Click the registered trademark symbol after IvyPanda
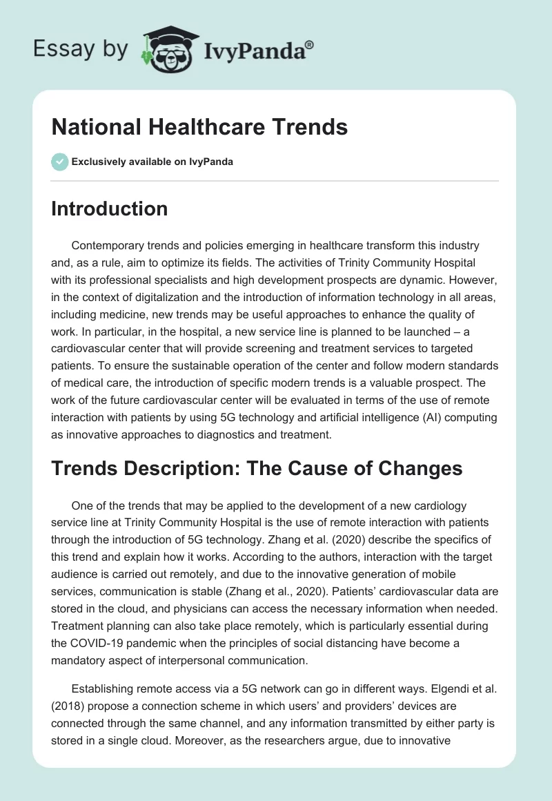coord(309,46)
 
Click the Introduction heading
coord(109,209)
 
